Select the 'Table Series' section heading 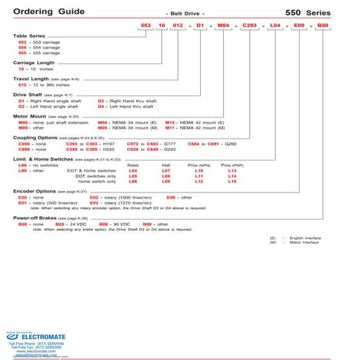(x=30, y=35)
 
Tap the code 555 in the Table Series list (x=22, y=53)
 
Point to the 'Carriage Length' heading (x=35, y=62)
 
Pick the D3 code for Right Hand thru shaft (x=101, y=100)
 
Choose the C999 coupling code (x=24, y=149)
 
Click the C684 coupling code (x=195, y=143)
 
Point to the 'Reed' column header (x=133, y=165)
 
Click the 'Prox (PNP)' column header (x=232, y=165)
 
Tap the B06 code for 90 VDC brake (x=104, y=224)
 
